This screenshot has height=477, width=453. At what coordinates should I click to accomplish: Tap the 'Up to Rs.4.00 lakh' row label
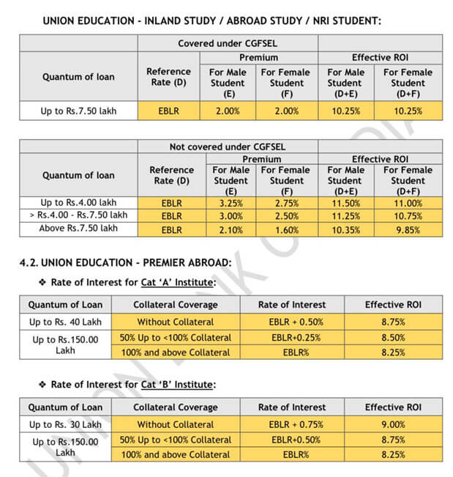click(x=78, y=203)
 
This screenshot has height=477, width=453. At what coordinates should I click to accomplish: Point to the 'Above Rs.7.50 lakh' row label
click(x=78, y=229)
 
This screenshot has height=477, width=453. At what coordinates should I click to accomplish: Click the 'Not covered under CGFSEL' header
click(x=227, y=147)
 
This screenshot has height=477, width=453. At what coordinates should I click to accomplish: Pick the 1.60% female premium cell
click(x=286, y=229)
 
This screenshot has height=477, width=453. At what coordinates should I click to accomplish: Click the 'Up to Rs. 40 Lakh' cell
click(x=65, y=321)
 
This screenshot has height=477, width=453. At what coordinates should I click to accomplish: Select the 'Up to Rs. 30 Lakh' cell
click(x=65, y=424)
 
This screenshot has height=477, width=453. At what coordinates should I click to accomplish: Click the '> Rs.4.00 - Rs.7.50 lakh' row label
click(x=78, y=215)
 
